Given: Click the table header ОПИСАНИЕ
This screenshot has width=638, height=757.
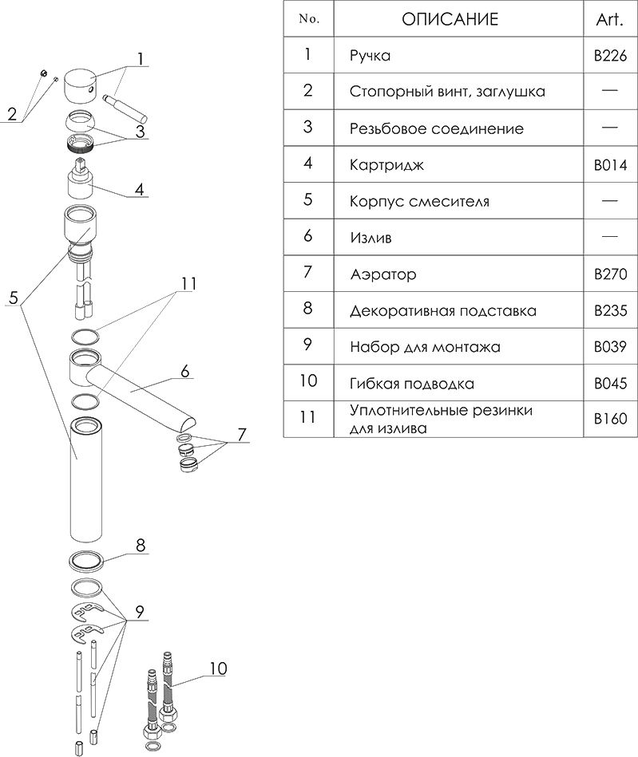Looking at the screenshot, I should tap(450, 19).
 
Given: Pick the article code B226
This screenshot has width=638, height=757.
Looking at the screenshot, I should tap(610, 57).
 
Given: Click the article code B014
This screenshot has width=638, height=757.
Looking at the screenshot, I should tap(610, 166).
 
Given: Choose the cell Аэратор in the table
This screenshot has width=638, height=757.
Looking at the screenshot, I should tap(382, 274).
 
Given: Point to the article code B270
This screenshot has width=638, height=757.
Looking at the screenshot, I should tap(610, 274).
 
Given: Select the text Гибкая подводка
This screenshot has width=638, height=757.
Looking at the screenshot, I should tap(411, 384).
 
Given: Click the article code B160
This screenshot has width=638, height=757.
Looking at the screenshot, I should tap(610, 418).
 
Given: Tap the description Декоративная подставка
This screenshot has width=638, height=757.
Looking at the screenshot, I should tap(442, 311).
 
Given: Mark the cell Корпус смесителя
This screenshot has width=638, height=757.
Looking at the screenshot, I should tap(419, 202).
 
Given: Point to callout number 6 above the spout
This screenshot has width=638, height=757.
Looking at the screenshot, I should tap(184, 372).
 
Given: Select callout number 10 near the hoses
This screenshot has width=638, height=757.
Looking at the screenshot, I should tap(218, 668).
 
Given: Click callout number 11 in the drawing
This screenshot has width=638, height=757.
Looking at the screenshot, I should tap(188, 283).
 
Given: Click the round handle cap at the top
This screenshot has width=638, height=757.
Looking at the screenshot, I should tap(81, 84).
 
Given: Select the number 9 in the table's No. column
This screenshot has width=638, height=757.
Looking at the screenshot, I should tap(308, 347).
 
